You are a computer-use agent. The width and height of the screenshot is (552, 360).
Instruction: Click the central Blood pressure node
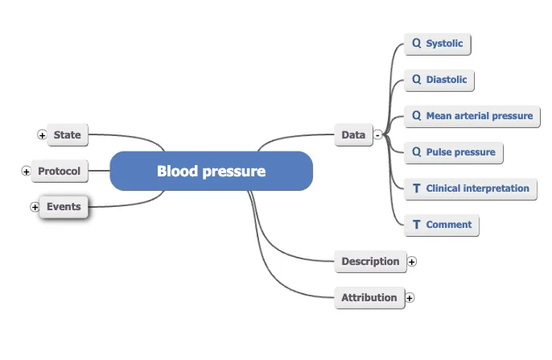tap(210, 171)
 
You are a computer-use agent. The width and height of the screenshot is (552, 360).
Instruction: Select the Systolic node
tap(438, 43)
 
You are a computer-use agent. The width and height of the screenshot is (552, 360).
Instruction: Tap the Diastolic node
tap(439, 80)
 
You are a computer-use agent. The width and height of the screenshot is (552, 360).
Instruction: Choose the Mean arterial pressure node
tap(472, 116)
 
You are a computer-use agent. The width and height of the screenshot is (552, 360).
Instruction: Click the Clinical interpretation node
tap(471, 188)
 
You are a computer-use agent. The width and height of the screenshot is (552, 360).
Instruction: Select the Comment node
tap(442, 225)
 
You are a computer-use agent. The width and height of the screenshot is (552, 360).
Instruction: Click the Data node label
tap(352, 135)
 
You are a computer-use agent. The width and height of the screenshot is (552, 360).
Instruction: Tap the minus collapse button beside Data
tap(377, 135)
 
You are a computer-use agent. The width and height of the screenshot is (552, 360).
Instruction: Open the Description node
tap(369, 261)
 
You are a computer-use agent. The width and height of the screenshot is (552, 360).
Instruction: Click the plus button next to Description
tap(412, 261)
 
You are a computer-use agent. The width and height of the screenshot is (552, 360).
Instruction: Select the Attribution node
tap(369, 297)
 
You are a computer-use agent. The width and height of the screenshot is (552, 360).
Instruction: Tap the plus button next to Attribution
tap(410, 297)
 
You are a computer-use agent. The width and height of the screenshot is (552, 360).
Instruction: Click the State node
tap(67, 134)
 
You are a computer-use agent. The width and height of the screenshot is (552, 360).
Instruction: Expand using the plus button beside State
tap(42, 135)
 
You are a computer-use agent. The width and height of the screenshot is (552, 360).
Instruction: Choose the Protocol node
tap(59, 171)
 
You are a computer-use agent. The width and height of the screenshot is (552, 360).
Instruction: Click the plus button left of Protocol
tap(26, 172)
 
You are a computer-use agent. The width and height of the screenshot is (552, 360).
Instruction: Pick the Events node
tap(64, 206)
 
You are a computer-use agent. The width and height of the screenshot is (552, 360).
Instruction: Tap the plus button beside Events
tap(35, 207)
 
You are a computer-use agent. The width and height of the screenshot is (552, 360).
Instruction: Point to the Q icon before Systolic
tap(416, 43)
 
